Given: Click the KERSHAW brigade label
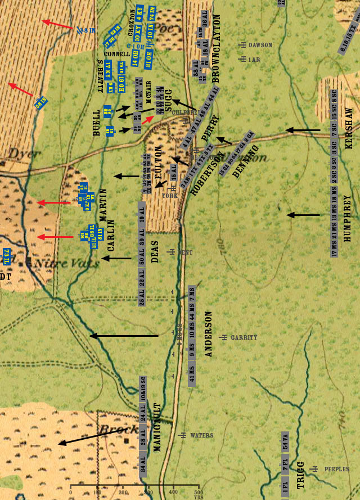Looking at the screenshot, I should point(349,129).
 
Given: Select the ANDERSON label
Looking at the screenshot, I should point(209,334).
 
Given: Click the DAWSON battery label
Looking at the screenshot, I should point(260,45).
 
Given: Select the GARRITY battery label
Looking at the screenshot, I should point(244,337).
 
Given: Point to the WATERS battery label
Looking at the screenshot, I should point(201,435).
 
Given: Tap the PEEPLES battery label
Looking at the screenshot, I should point(336,469).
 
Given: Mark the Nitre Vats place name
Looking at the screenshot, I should point(54,262).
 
